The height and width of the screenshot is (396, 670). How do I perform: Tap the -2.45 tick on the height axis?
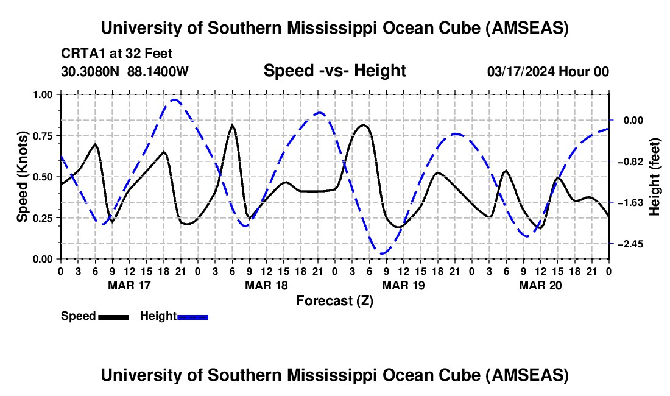tap(627, 244)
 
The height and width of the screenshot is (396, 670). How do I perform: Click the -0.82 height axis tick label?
tap(627, 161)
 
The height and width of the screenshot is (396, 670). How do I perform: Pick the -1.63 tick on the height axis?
tap(627, 202)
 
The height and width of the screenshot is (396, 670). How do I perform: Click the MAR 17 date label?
tap(129, 285)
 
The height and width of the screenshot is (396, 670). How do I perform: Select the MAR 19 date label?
tap(403, 285)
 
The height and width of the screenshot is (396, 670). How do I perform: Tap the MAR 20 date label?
tap(540, 285)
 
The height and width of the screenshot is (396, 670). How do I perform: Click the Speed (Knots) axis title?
tap(23, 176)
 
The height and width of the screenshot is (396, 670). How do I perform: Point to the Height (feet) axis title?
tap(655, 177)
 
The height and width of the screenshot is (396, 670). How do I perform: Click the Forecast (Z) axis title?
tap(334, 300)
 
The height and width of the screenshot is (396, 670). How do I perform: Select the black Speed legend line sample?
tap(113, 317)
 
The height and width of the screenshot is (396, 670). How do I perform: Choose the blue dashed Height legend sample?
tap(192, 317)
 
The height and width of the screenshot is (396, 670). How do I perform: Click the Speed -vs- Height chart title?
tap(334, 71)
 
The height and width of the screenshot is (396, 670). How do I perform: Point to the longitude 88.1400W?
tap(158, 71)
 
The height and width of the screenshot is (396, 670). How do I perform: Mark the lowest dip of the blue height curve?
tap(383, 253)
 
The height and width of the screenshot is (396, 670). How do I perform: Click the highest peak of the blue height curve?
tap(175, 99)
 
